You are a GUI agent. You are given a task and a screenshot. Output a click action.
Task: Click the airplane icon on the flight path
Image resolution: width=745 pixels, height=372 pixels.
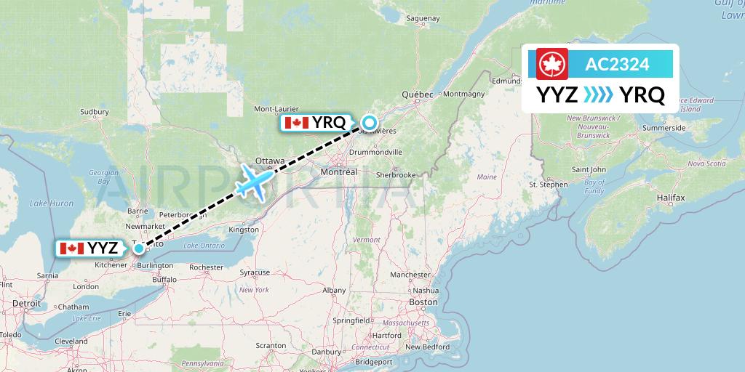click(254, 181)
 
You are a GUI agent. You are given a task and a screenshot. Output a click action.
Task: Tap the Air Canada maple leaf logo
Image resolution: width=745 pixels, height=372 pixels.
click(551, 64)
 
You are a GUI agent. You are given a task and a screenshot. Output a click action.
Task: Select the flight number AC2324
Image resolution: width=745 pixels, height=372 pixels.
click(617, 64)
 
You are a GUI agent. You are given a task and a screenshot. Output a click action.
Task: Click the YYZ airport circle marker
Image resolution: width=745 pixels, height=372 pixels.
click(139, 248)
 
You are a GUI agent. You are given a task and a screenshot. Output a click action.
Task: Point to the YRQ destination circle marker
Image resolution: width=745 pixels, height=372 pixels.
click(370, 123)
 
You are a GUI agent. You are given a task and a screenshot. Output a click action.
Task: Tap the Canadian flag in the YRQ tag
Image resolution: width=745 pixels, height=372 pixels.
click(297, 123)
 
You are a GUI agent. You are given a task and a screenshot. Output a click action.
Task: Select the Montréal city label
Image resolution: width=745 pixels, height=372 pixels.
click(340, 172)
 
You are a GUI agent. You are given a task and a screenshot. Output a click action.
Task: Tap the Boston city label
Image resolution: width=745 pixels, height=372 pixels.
click(423, 302)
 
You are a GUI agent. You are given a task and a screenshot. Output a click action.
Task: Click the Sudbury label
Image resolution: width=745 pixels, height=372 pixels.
click(94, 112)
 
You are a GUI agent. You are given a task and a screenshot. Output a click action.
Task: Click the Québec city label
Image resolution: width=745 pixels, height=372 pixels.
click(418, 94)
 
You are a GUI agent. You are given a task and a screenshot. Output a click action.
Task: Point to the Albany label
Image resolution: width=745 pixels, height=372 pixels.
click(334, 290)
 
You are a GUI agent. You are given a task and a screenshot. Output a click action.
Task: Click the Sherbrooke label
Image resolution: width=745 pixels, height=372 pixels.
click(396, 175)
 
